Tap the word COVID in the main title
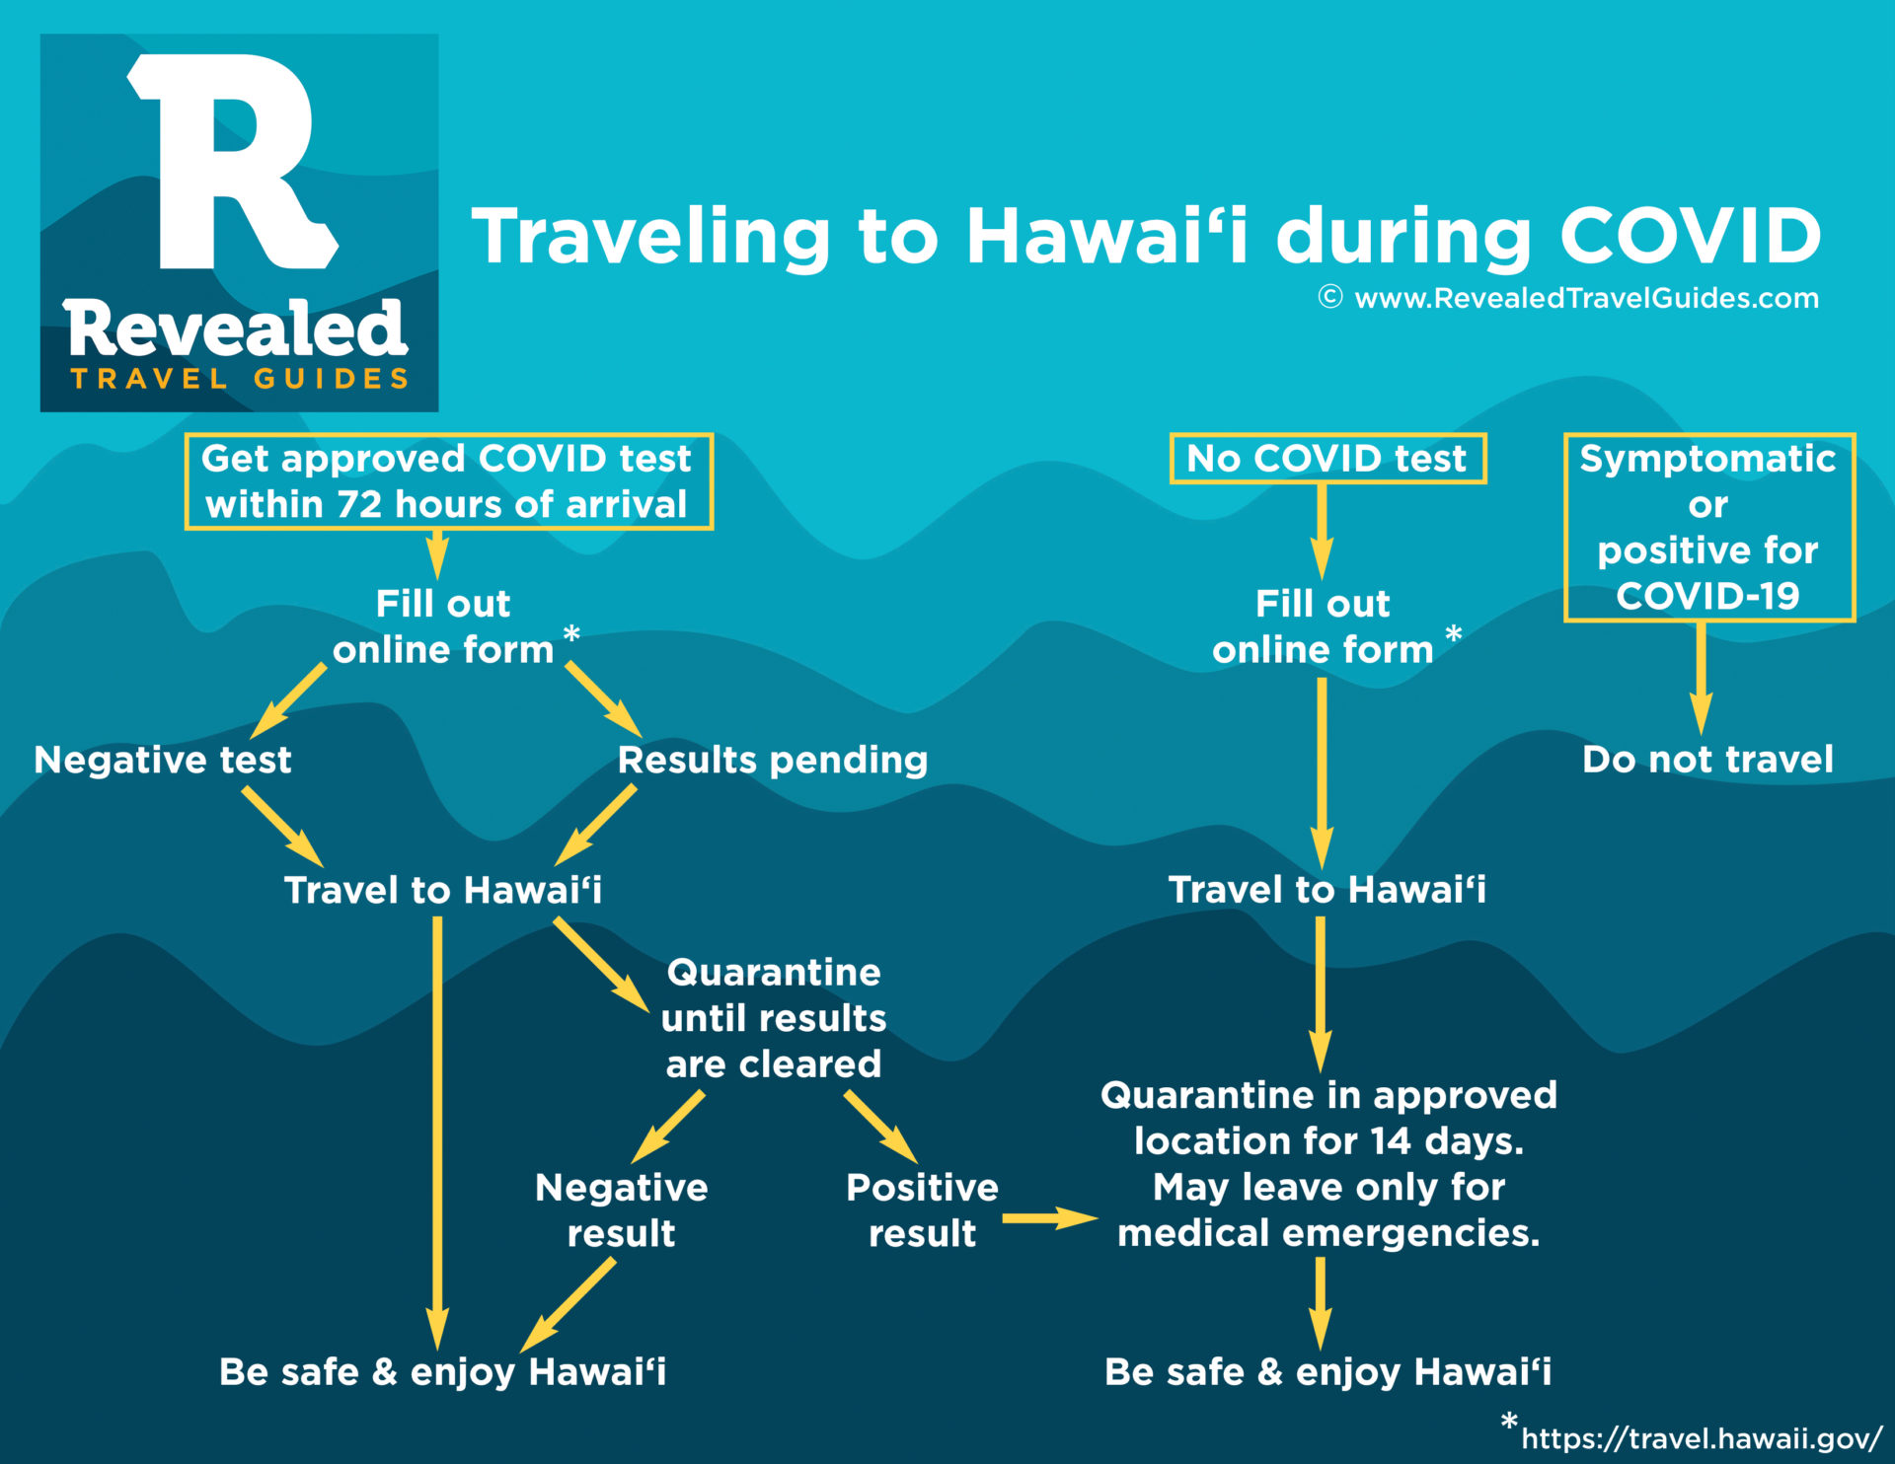click(x=1690, y=237)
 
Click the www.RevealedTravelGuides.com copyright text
click(x=1569, y=298)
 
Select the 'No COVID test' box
click(x=1327, y=459)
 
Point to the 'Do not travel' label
click(x=1707, y=760)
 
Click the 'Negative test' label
click(x=163, y=760)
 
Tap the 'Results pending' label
click(x=773, y=761)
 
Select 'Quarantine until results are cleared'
click(x=774, y=1018)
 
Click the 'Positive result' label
click(x=922, y=1210)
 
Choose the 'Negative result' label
click(x=622, y=1210)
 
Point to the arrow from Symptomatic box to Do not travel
click(x=1701, y=679)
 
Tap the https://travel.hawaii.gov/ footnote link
click(x=1703, y=1438)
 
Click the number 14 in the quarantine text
click(x=1391, y=1141)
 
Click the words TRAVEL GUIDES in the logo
click(x=240, y=379)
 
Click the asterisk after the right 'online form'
click(x=1454, y=634)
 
